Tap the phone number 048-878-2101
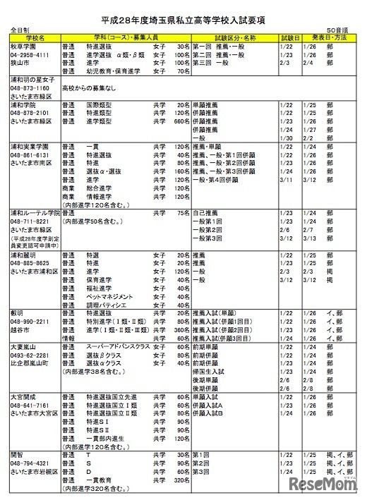(30, 112)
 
